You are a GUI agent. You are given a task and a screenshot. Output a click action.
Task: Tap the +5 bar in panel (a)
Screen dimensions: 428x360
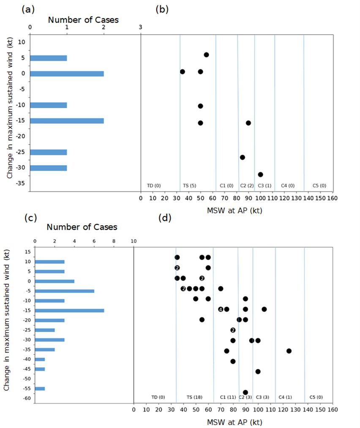pyautogui.click(x=48, y=58)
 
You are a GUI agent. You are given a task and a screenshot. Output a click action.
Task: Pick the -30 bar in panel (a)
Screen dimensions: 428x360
pyautogui.click(x=48, y=168)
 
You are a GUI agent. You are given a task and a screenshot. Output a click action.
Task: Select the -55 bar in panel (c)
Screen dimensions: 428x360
pyautogui.click(x=40, y=389)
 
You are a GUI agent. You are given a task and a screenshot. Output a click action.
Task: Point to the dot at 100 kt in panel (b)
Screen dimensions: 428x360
pyautogui.click(x=260, y=174)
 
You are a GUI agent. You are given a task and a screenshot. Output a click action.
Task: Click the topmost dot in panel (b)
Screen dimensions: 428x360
pyautogui.click(x=206, y=55)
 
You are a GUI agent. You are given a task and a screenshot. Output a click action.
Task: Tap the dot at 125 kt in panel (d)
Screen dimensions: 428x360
pyautogui.click(x=289, y=351)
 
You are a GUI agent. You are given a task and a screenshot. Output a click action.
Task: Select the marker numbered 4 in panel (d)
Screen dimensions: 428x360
pyautogui.click(x=221, y=309)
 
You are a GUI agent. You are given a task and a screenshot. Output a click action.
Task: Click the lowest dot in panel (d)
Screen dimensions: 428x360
pyautogui.click(x=245, y=393)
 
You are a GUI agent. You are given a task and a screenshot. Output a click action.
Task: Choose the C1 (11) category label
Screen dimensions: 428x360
pyautogui.click(x=228, y=397)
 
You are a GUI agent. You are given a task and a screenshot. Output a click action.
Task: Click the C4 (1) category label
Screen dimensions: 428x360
pyautogui.click(x=285, y=397)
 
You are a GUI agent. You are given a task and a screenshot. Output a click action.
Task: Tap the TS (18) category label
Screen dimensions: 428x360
pyautogui.click(x=194, y=397)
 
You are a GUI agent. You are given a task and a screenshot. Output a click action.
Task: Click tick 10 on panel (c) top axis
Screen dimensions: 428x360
pyautogui.click(x=134, y=241)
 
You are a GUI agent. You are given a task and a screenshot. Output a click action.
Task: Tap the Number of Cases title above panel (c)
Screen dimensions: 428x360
pyautogui.click(x=82, y=227)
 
